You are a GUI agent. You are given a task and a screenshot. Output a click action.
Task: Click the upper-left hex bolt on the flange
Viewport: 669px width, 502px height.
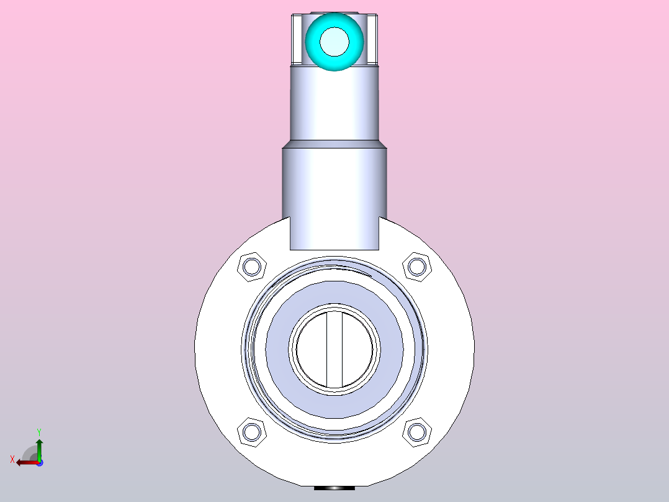point(252,267)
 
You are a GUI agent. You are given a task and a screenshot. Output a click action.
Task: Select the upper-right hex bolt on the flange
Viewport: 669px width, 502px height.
point(416,267)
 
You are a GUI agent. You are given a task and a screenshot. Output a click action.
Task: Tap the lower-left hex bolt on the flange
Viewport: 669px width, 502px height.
point(252,432)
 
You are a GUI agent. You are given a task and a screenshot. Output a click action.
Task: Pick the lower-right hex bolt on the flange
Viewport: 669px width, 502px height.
point(416,432)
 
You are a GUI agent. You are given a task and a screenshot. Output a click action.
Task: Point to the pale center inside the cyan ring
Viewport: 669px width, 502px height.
point(334,42)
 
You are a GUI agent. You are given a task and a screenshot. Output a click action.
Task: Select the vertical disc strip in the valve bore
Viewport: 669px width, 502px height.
point(334,349)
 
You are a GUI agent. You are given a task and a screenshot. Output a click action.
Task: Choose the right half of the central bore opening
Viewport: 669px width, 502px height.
point(358,349)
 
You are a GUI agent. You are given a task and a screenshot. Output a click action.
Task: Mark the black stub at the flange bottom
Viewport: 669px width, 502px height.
point(334,488)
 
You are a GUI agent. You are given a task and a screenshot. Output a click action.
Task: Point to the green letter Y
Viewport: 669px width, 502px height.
point(39,431)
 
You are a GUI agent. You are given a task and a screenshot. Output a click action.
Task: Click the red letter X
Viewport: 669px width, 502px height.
point(12,459)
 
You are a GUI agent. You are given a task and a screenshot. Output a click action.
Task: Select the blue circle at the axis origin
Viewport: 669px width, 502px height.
point(40,462)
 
